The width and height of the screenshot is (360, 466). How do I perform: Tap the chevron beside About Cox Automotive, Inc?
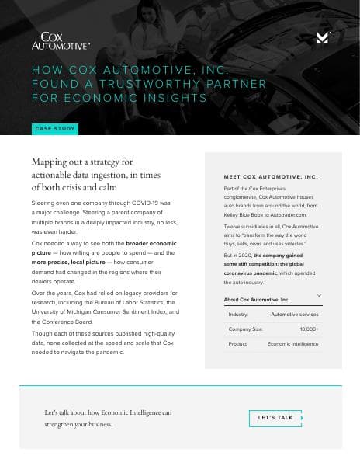coord(320,296)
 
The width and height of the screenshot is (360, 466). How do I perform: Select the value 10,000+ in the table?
coord(309,329)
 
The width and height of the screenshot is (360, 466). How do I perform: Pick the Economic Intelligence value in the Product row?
coord(294,343)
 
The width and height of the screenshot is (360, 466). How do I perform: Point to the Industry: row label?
coord(239,315)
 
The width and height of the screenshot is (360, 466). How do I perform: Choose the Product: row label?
coord(238,343)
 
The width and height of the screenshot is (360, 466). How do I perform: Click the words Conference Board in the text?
coord(73,320)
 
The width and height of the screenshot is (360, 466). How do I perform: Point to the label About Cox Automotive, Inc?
coord(257,299)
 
